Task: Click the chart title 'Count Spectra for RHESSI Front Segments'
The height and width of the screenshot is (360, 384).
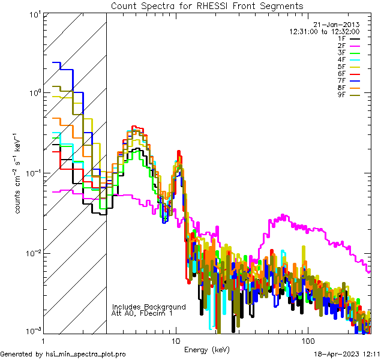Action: [x=207, y=5]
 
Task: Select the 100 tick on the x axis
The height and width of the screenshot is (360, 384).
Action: [x=307, y=339]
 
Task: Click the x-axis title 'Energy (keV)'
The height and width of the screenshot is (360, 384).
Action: [x=207, y=349]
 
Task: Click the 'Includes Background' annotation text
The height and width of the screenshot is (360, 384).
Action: [x=149, y=307]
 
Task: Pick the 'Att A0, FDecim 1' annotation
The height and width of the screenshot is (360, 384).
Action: [x=142, y=313]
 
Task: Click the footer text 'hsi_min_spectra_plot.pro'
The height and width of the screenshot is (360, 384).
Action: [x=86, y=355]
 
